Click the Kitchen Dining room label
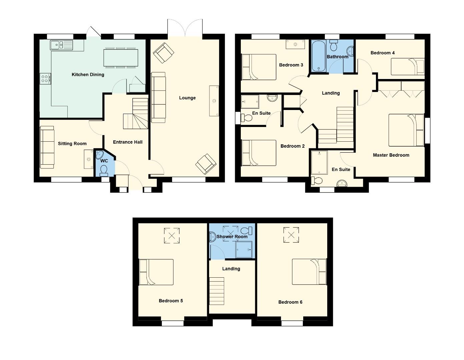coord(88,75)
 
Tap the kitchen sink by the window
coord(61,45)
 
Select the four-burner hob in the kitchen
coord(45,79)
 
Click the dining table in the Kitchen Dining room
coord(121,58)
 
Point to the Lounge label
coord(187,98)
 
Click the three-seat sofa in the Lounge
coord(158,97)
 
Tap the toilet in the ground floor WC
coord(104,171)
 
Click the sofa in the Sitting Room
coord(47,147)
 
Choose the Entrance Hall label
coord(128,142)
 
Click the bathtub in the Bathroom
coord(319,56)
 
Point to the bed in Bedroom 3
coord(259,67)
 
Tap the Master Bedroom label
coord(391,155)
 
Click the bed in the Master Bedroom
coord(406,130)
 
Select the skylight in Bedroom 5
coord(172,236)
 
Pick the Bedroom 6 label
coord(290,302)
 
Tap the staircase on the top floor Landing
coord(216,291)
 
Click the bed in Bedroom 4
coord(408,67)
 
